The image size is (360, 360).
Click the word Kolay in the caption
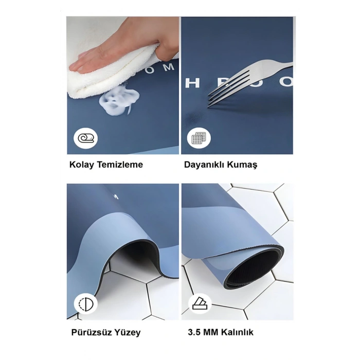pos(80,165)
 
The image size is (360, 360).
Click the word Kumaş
pos(244,165)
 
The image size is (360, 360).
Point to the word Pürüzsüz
pos(91,332)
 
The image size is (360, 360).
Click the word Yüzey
pos(127,332)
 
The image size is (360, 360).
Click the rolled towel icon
pos(85,137)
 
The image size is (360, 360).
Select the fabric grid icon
pos(199,138)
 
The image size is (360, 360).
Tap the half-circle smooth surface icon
pos(85,304)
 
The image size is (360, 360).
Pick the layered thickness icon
pos(199,304)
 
